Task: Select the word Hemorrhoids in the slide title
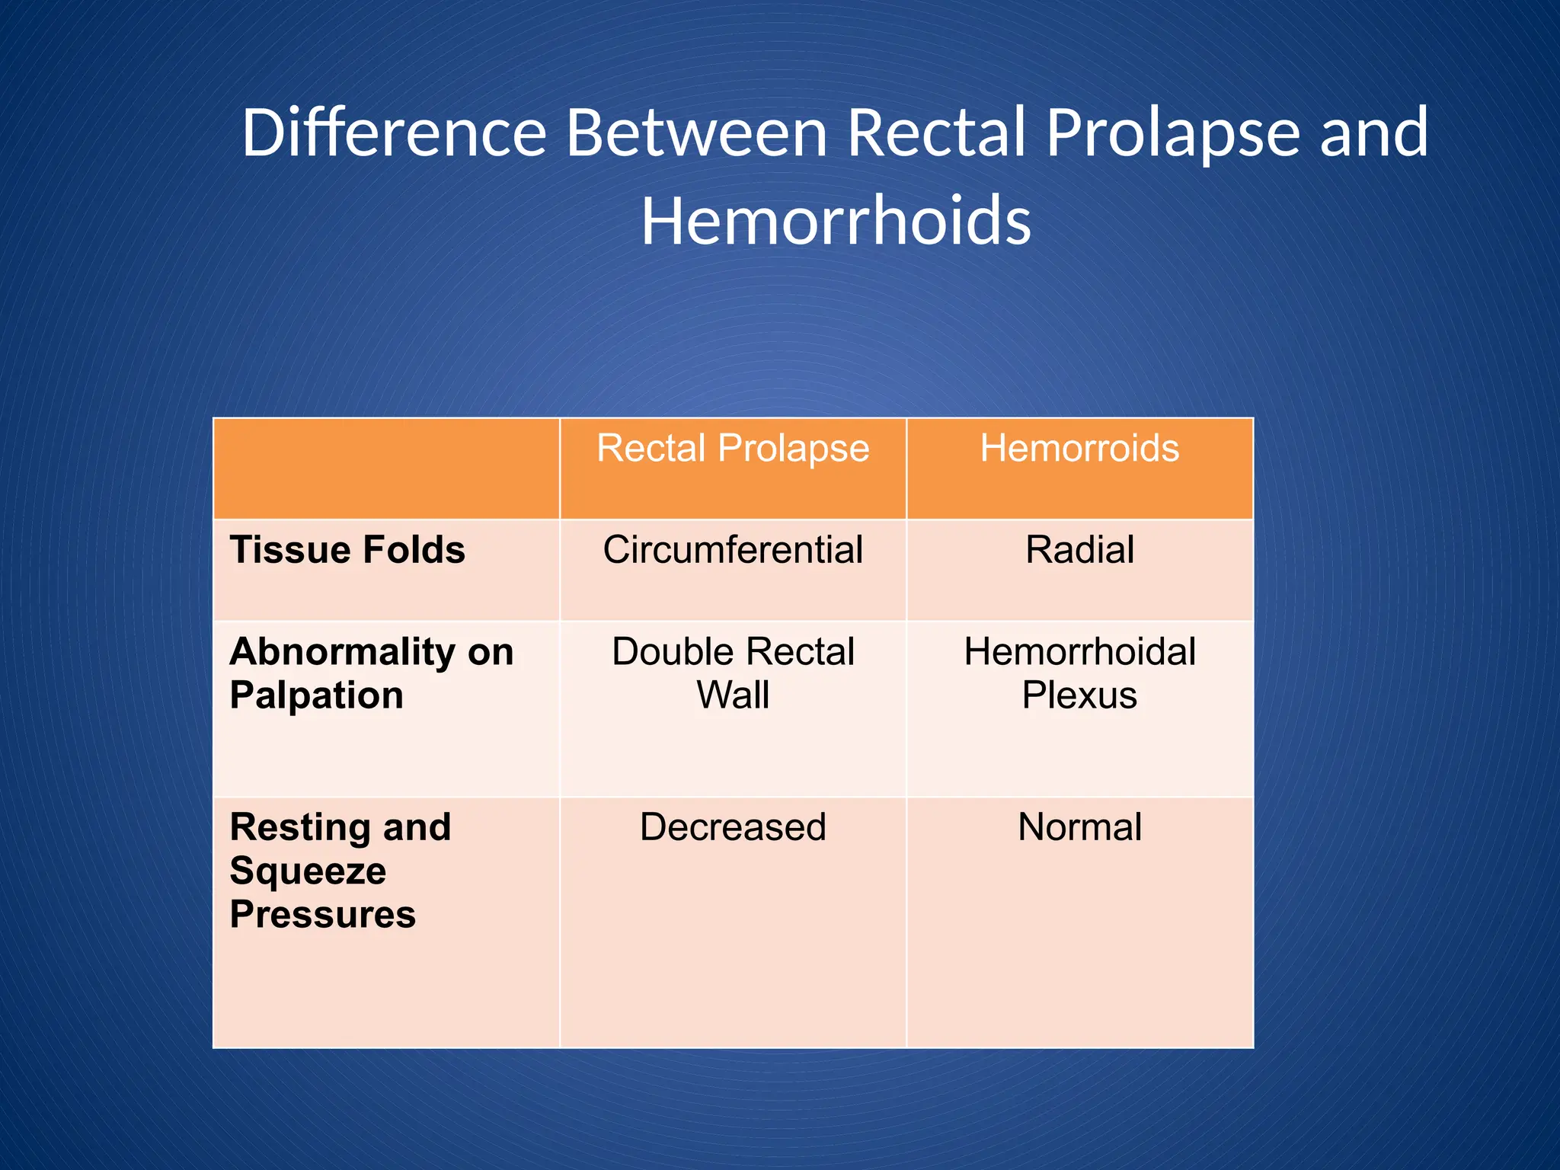[836, 221]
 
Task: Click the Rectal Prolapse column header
[733, 448]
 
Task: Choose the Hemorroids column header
[1079, 448]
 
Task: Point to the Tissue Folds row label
[347, 550]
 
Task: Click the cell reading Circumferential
[733, 550]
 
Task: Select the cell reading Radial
[1079, 550]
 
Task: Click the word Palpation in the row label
[316, 695]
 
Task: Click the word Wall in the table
[733, 695]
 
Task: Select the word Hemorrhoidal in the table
[1079, 652]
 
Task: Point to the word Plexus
[1079, 695]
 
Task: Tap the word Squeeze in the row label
[308, 871]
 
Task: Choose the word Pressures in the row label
[322, 914]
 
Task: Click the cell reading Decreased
[733, 827]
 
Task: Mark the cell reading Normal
[1079, 827]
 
